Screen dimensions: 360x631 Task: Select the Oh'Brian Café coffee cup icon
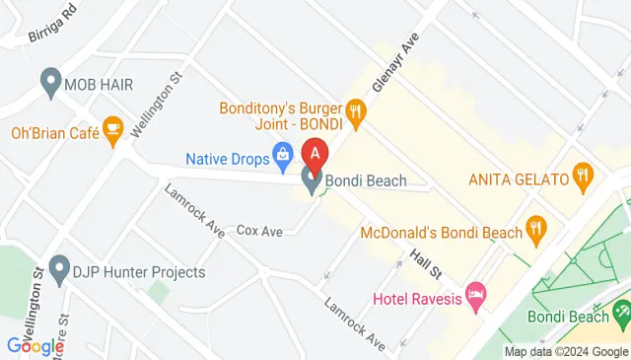coord(112,129)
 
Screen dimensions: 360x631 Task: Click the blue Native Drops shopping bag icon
coord(283,154)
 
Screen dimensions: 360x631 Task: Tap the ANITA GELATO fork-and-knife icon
coord(584,179)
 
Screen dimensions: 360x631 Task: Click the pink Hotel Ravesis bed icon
coord(476,296)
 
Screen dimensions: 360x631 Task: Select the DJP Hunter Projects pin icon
coord(58,269)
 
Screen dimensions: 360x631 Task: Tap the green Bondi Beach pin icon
coord(621,313)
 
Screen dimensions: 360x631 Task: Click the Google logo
coord(35,346)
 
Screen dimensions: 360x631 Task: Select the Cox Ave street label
coord(259,231)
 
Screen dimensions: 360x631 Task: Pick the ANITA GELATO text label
coord(519,180)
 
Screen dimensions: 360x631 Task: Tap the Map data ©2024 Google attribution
coord(566,351)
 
